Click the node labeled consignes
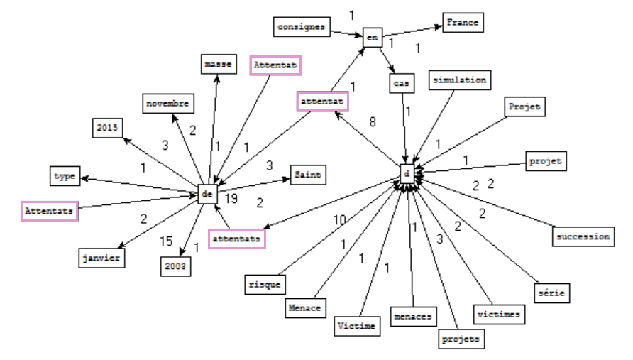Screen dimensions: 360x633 [302, 28]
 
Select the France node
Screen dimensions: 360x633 [463, 23]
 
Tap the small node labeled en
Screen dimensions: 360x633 [372, 36]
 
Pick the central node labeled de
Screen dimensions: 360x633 [207, 192]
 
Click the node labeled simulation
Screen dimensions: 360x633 [460, 80]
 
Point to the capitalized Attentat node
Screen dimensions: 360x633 [275, 65]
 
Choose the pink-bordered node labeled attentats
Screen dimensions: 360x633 [237, 238]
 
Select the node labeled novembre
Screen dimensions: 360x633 [167, 104]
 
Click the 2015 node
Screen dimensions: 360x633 [108, 129]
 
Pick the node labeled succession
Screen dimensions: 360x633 [582, 236]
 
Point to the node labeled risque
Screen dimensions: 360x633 [265, 285]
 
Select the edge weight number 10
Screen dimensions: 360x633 [340, 219]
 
